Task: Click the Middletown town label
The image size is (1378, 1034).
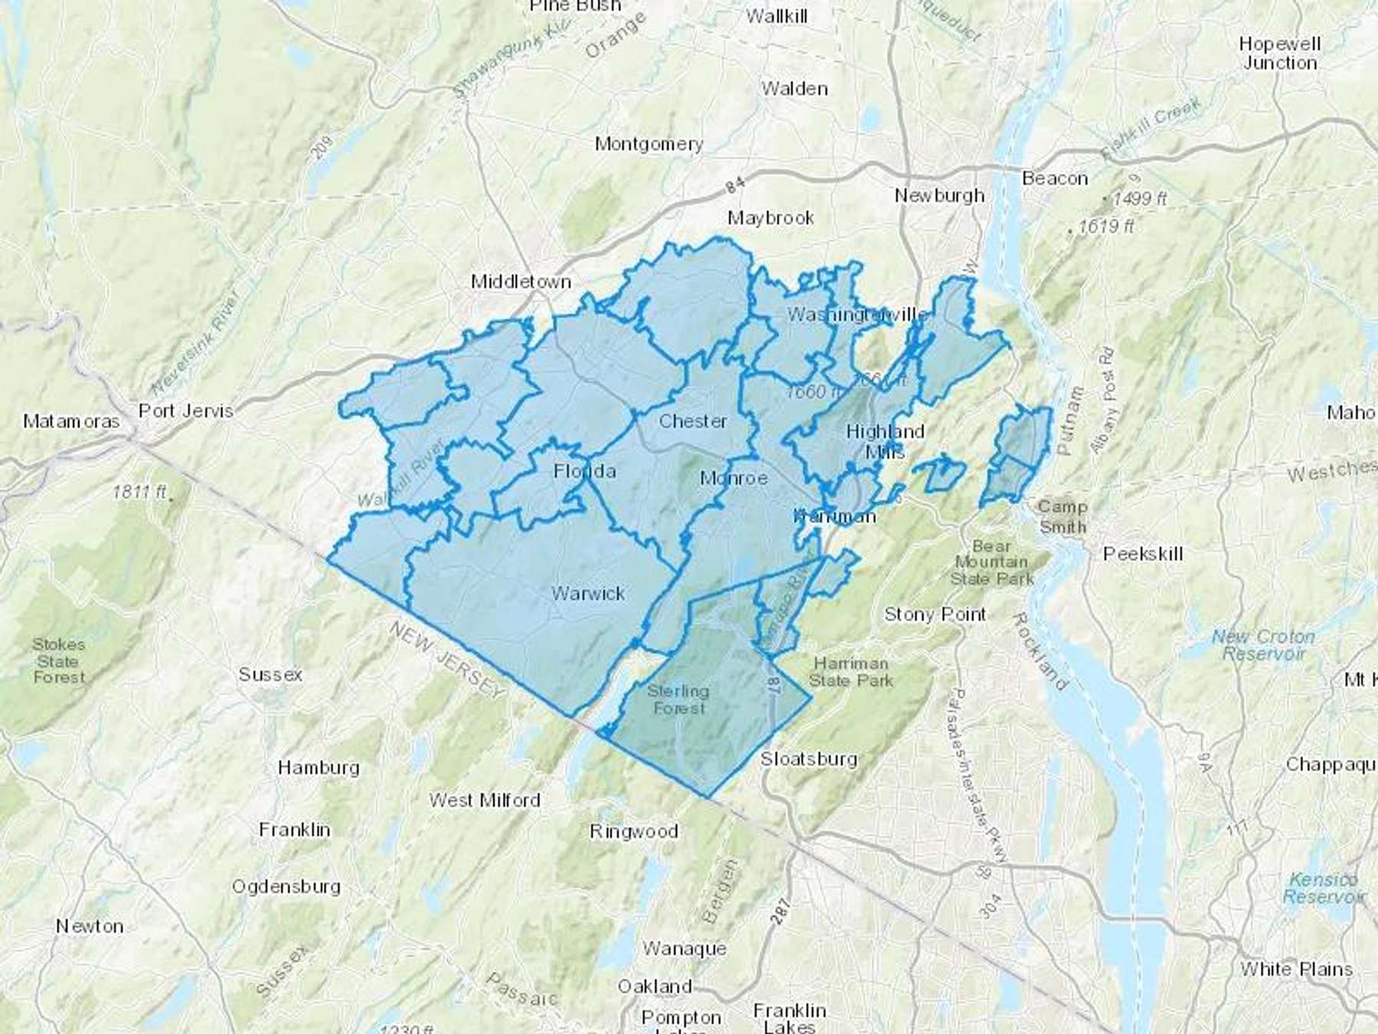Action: click(x=521, y=282)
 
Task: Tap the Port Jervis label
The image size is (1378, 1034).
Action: click(x=186, y=411)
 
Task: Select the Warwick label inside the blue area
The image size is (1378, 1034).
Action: click(x=588, y=593)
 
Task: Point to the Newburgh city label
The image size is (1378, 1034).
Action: click(x=939, y=195)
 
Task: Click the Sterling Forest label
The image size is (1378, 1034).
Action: click(x=678, y=699)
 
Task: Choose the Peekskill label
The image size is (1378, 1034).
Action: click(x=1143, y=554)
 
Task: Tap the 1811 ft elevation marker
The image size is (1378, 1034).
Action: click(x=139, y=492)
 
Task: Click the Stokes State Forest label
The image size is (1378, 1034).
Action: click(x=59, y=660)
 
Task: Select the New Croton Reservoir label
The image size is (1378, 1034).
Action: click(x=1263, y=645)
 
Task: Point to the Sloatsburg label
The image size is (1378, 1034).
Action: click(x=808, y=759)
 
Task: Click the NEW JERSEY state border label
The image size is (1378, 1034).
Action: click(x=448, y=660)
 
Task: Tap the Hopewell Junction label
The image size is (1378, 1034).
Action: click(x=1280, y=54)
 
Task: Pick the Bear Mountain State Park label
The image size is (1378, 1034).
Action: click(x=992, y=563)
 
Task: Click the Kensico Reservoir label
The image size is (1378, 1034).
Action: click(x=1323, y=888)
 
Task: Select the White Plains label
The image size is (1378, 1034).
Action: click(x=1296, y=969)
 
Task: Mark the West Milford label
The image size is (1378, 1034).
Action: click(x=485, y=800)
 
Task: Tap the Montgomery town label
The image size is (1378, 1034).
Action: click(x=648, y=144)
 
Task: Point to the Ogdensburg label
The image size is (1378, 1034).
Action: click(x=286, y=886)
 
